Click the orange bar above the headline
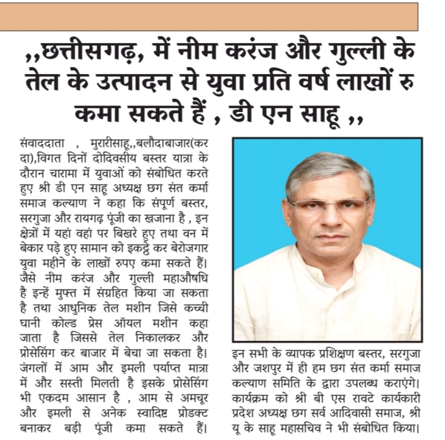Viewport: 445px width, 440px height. pos(209,16)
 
